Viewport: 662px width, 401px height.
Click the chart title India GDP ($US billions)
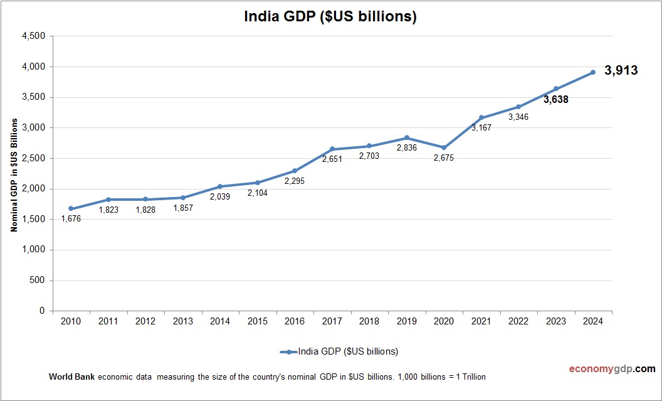(x=330, y=17)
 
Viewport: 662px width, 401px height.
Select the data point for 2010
(x=71, y=208)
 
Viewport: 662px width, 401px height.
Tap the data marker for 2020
(x=444, y=147)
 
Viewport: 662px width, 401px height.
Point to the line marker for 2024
(x=592, y=72)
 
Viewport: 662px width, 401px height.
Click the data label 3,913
(x=621, y=71)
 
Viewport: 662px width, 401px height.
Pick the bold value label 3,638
(x=555, y=99)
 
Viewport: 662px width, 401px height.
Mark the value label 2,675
(x=444, y=158)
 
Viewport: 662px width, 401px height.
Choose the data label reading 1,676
(x=71, y=219)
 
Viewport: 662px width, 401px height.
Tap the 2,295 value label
(x=295, y=181)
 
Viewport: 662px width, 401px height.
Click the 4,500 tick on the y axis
(x=33, y=36)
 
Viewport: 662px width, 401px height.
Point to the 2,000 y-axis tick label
(x=33, y=189)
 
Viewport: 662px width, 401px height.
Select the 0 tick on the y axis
(x=42, y=311)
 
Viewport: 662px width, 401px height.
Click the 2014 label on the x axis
(x=220, y=321)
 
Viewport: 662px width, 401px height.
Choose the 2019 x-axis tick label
(x=406, y=321)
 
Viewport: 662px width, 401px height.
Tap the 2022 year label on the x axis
(x=518, y=321)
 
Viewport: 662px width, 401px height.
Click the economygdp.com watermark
(x=604, y=369)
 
